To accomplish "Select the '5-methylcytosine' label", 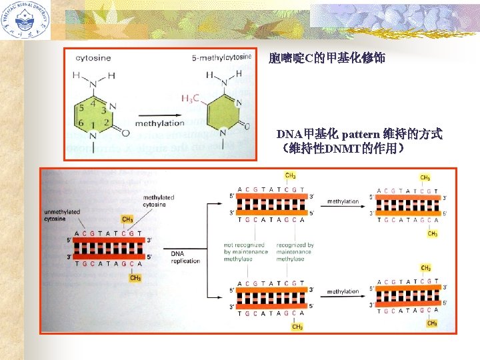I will [221, 57].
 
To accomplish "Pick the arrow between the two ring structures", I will [159, 112].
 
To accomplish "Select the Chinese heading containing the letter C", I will [327, 59].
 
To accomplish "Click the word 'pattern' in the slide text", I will [363, 134].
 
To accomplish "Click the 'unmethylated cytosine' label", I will [61, 215].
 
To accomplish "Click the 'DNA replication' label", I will [185, 257].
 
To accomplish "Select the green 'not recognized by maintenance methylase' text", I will [245, 252].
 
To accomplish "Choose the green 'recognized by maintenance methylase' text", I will [295, 252].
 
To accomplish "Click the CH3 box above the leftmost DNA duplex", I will [127, 219].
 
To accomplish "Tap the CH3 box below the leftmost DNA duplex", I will [135, 278].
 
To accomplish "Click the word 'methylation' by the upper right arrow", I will [343, 201].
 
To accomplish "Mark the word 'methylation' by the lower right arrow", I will [343, 291].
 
